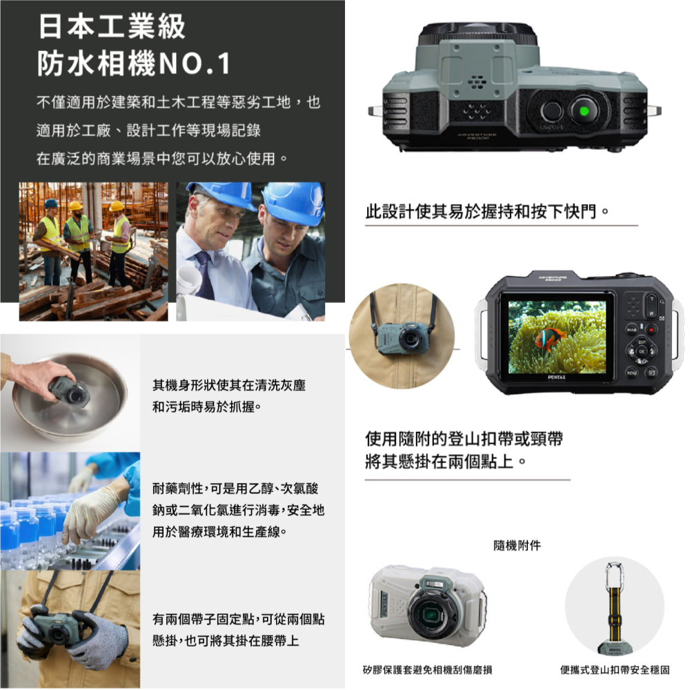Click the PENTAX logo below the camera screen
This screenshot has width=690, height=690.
[x=557, y=377]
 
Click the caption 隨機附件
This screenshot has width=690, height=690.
[x=517, y=546]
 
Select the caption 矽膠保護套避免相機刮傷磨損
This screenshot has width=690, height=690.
[x=428, y=670]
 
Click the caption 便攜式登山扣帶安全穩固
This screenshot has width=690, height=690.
[x=615, y=670]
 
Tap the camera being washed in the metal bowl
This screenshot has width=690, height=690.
[x=69, y=391]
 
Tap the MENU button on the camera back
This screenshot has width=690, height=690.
[x=631, y=373]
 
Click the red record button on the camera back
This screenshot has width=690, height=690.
[x=651, y=329]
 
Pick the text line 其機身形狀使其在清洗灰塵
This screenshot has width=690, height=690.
[x=228, y=386]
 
